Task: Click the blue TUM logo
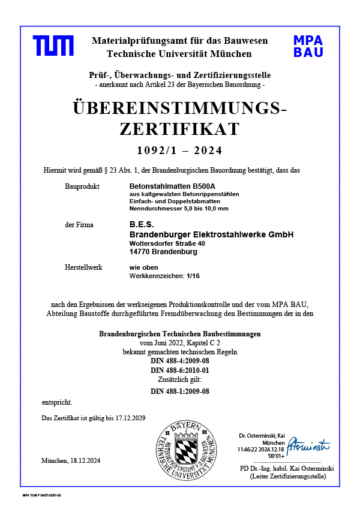coord(53,46)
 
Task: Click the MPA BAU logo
coord(308,46)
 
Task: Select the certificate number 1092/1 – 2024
coord(179,150)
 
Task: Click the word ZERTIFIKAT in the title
coord(179,129)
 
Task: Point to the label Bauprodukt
coord(80,187)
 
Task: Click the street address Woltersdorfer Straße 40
coord(167,244)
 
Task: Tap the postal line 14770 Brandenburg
coord(163,252)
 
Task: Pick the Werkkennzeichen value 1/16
coord(193,276)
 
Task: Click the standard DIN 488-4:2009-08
coord(179,361)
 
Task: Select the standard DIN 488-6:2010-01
coord(179,371)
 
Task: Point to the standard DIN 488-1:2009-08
coord(179,391)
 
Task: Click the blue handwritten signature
coord(308,445)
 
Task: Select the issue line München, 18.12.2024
coord(71,460)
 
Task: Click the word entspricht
coord(57,402)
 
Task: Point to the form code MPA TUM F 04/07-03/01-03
coord(42,496)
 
